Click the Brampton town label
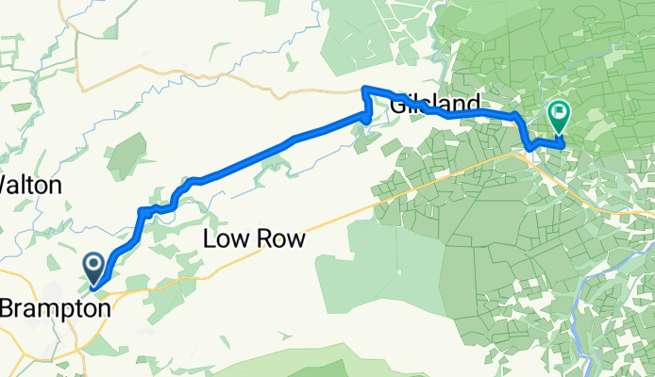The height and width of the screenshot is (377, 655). tap(55, 307)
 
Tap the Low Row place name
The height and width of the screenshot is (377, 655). tap(255, 240)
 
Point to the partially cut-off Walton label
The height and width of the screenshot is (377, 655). tap(30, 185)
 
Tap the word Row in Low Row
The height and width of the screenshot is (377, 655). tap(281, 240)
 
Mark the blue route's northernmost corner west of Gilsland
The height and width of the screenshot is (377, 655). tap(364, 90)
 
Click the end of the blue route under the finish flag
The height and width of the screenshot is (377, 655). tap(562, 145)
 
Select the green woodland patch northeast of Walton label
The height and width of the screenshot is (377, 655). tap(126, 156)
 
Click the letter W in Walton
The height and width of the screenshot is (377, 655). tap(8, 185)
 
